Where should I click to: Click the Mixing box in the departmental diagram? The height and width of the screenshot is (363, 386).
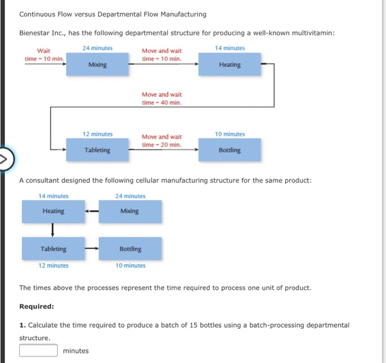(98, 65)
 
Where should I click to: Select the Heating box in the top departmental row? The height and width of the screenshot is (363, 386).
(229, 65)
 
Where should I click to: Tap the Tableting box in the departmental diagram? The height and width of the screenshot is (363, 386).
(98, 150)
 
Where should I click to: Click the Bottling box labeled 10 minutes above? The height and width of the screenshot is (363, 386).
(229, 150)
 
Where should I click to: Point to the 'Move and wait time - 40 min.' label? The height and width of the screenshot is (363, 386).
(162, 98)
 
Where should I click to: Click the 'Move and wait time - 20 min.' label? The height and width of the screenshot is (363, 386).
(162, 140)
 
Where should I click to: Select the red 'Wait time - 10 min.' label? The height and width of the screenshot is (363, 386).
(44, 55)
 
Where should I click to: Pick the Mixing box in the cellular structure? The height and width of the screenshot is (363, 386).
(130, 212)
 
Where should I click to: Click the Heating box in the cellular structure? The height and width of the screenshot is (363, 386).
(53, 212)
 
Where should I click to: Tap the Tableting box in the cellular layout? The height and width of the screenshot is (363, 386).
(53, 249)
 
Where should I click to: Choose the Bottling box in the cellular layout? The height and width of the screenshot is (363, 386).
(130, 249)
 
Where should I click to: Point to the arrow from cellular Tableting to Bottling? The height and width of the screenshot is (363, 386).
(92, 249)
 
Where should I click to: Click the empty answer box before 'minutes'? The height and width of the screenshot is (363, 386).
(39, 350)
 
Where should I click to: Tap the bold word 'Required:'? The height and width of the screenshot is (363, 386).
(37, 306)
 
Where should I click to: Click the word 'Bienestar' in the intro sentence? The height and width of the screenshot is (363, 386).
(35, 33)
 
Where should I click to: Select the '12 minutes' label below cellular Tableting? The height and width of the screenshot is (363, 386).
(53, 266)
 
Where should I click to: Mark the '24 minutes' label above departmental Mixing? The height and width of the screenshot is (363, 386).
(98, 48)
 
